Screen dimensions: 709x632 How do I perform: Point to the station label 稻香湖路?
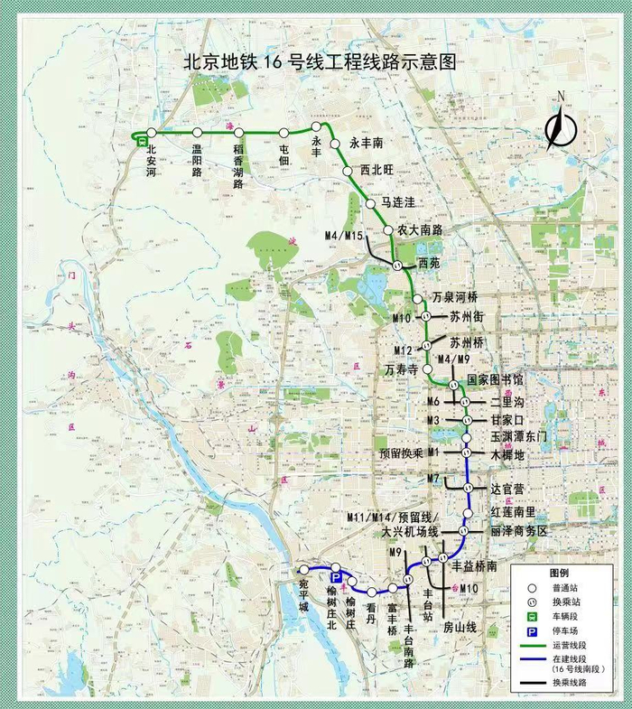[239, 164]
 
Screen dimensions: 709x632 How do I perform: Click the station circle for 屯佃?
[284, 135]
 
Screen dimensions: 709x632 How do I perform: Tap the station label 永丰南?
[367, 143]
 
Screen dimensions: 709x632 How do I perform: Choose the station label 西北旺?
[378, 169]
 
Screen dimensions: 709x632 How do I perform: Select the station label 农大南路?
[420, 230]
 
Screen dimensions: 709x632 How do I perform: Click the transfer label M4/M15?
[343, 237]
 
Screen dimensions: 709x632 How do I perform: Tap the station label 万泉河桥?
[454, 297]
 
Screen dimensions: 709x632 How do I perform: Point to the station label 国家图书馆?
[493, 381]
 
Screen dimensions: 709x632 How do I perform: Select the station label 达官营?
[507, 489]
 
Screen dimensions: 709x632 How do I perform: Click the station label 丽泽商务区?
[519, 532]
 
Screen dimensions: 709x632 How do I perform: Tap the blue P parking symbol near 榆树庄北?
[335, 576]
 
